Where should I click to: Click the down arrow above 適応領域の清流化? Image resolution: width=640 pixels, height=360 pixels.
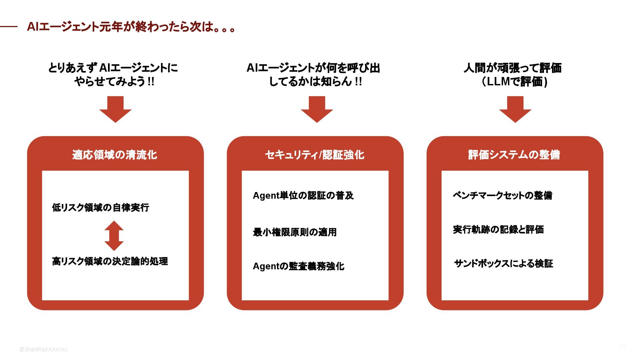coord(115,109)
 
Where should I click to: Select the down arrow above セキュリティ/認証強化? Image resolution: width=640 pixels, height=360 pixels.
coord(317,109)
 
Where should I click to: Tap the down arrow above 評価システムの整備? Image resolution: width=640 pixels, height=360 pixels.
coord(515,109)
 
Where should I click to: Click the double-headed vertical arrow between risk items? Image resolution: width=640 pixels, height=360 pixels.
coord(114,236)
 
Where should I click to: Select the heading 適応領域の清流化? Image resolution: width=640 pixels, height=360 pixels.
coord(115,155)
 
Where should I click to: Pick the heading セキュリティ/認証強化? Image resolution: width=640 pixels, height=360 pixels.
coord(315,155)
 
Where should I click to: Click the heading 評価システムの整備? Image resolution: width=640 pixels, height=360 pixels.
coord(514,155)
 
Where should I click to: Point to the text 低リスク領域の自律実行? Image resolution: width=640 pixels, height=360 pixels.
coord(101,207)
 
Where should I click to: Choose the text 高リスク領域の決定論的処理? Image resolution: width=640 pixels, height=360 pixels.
coord(110,261)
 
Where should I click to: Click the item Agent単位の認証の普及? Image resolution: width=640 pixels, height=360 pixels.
coord(303,195)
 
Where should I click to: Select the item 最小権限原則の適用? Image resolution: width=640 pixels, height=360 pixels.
coord(295,232)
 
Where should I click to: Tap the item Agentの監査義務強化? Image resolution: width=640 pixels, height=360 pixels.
coord(298,266)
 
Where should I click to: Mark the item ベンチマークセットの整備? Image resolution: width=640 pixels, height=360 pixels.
coord(502,195)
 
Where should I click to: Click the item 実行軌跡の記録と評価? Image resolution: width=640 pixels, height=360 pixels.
coord(498,229)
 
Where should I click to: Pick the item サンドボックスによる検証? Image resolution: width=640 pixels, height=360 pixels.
coord(503,263)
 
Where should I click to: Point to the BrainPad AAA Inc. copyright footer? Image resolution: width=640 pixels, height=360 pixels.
coord(44,349)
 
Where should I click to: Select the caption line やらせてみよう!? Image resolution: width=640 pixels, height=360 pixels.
coord(114,81)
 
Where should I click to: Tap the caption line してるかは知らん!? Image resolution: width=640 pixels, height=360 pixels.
coord(315,81)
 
